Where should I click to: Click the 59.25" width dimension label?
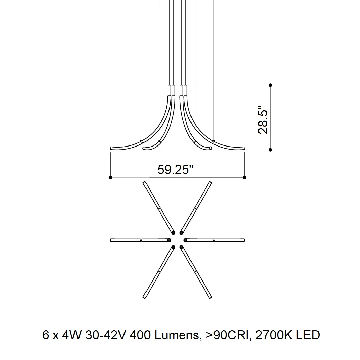point(175,170)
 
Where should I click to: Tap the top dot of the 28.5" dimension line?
point(270,85)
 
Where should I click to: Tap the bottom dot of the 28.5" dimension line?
point(270,150)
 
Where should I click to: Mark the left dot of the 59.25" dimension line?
point(110,177)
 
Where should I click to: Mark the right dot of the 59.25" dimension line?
point(245,177)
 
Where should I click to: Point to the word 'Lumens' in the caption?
point(177,335)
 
